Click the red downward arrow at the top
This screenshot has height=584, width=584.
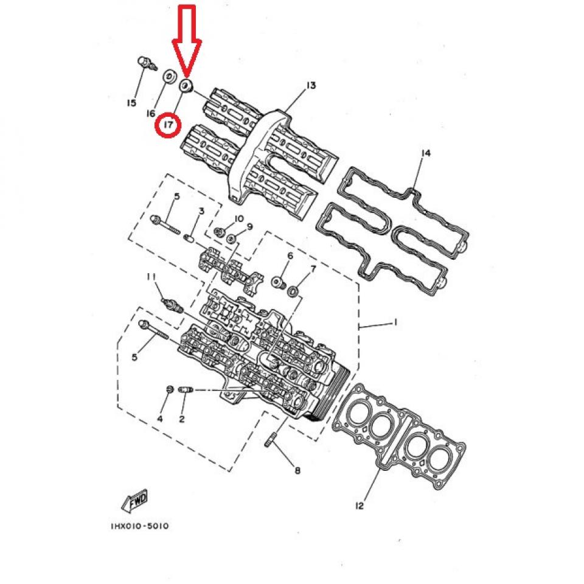(187, 40)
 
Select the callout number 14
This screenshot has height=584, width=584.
(425, 154)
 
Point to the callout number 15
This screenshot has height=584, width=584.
(132, 103)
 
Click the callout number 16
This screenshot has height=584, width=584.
(151, 114)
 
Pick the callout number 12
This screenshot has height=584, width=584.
(360, 506)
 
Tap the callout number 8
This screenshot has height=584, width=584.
(297, 470)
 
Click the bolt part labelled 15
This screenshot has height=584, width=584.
(144, 61)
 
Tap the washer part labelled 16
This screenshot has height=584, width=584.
(167, 77)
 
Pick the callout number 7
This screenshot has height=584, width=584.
(313, 268)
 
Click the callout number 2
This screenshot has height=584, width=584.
(182, 419)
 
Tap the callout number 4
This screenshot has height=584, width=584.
(160, 419)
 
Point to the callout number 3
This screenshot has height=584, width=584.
(201, 211)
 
